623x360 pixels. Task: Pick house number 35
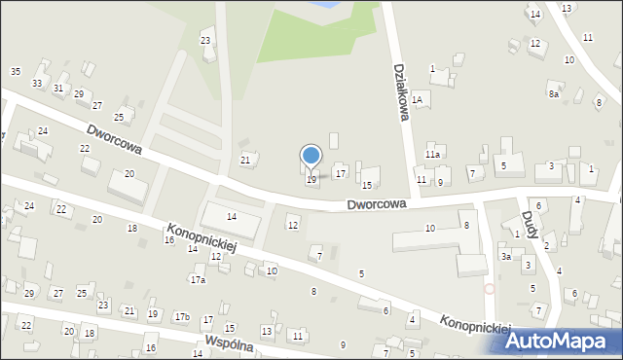click(x=15, y=71)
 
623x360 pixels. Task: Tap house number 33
click(x=37, y=83)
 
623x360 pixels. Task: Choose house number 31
click(x=58, y=89)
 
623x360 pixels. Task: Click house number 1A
click(x=418, y=98)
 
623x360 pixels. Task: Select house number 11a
click(x=433, y=154)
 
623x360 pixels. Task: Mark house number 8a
click(x=553, y=93)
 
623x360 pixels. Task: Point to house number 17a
click(x=198, y=279)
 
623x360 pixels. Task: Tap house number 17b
click(x=181, y=316)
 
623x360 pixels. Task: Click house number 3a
click(x=506, y=256)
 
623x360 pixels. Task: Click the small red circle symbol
click(x=489, y=288)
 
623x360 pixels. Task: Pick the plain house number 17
click(x=340, y=173)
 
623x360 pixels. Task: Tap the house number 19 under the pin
click(x=311, y=179)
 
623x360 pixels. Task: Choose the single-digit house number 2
click(x=546, y=245)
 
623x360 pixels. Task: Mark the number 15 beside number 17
click(x=367, y=185)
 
